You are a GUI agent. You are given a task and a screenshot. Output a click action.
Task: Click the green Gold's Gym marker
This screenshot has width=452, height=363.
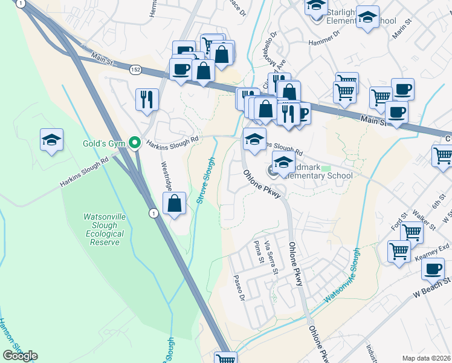[137, 143]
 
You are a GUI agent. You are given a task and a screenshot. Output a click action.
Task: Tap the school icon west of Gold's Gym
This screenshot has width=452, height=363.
[52, 141]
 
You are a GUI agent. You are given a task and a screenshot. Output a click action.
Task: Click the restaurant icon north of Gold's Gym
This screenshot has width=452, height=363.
[147, 100]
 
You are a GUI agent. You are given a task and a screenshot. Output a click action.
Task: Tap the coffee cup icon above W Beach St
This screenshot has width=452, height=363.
[433, 269]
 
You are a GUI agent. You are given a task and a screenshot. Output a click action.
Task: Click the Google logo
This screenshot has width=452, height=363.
[20, 356]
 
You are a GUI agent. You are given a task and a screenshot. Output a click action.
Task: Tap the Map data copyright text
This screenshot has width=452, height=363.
[426, 358]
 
